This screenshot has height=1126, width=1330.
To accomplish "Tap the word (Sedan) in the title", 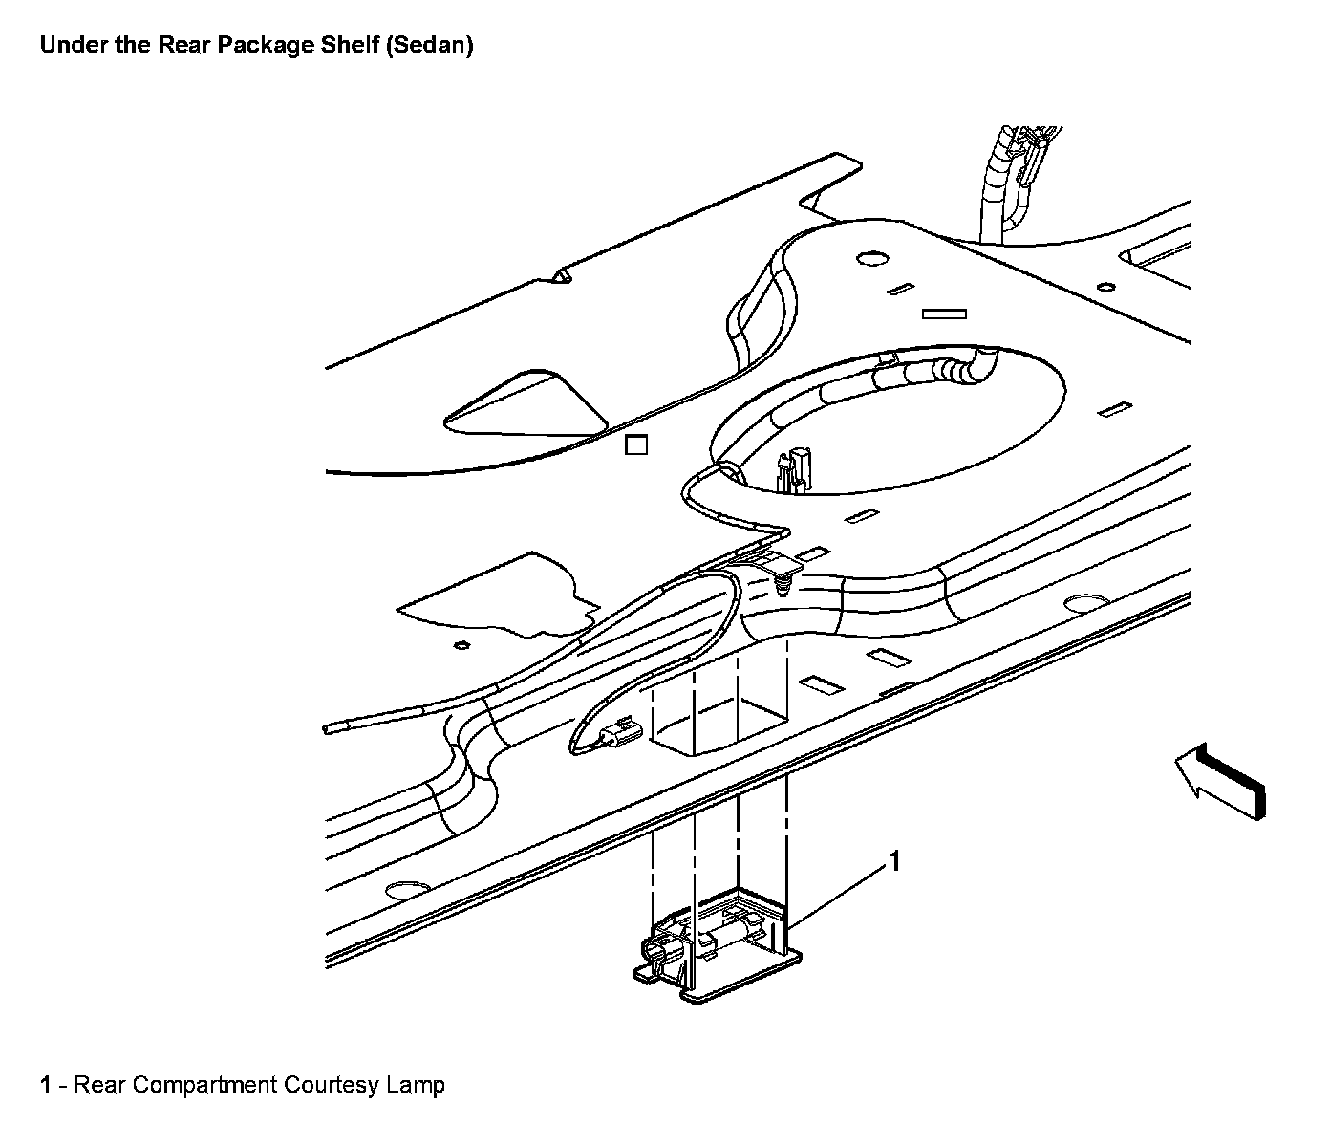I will click(x=429, y=45).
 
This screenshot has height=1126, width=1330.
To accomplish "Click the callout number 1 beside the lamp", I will click(x=895, y=861).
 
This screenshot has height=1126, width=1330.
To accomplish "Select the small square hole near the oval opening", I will click(x=635, y=444).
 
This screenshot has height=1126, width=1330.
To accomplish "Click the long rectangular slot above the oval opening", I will click(x=943, y=314).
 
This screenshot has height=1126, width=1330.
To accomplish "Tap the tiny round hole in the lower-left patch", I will click(x=461, y=645).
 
